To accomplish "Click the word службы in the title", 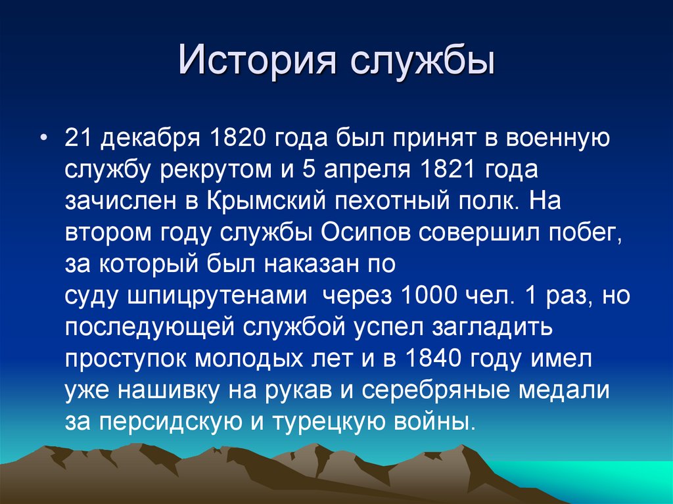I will [421, 64].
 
